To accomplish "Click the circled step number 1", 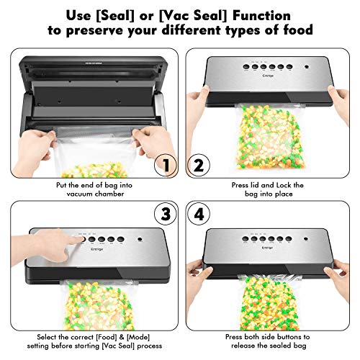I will tap(166, 166).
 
